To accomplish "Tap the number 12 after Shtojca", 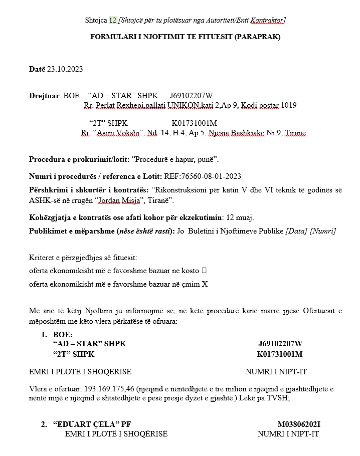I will pyautogui.click(x=113, y=20).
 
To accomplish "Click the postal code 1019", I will pyautogui.click(x=288, y=105).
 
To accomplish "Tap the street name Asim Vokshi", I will pyautogui.click(x=120, y=133).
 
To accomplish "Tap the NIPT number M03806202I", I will pyautogui.click(x=299, y=424).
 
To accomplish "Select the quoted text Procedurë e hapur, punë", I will pyautogui.click(x=174, y=159).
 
